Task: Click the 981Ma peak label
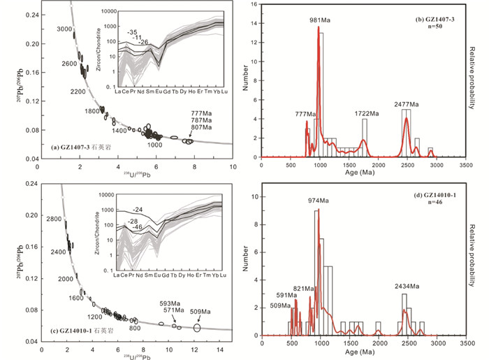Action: click(x=319, y=20)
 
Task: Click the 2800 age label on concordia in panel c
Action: click(x=56, y=219)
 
